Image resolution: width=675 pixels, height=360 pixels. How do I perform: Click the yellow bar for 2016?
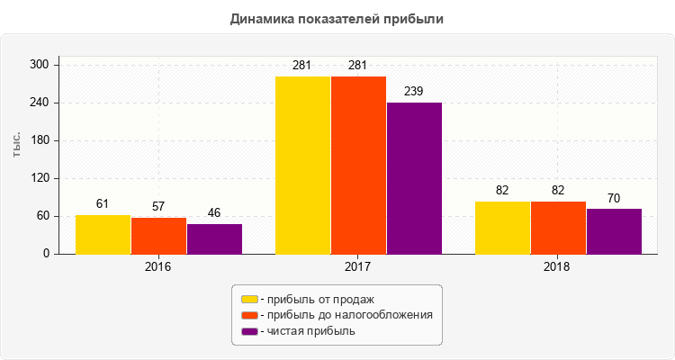click(x=103, y=235)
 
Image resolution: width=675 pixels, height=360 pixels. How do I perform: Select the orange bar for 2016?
click(x=158, y=236)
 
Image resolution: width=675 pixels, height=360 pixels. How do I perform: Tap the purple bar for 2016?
click(x=214, y=239)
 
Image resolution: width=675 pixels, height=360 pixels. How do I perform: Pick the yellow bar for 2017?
click(x=302, y=166)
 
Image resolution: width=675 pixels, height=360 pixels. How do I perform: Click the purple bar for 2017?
click(x=414, y=178)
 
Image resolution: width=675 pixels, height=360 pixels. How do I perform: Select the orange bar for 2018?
click(x=558, y=228)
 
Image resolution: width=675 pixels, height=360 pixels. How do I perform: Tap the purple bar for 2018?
click(x=614, y=231)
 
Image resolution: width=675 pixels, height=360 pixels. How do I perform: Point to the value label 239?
click(x=414, y=91)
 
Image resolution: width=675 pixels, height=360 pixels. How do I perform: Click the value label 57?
click(x=158, y=206)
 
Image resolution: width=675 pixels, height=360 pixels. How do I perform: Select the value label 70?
click(x=614, y=198)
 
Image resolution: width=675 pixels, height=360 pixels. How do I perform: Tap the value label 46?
click(x=214, y=212)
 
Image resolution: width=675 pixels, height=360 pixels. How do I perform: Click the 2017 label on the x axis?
click(x=358, y=267)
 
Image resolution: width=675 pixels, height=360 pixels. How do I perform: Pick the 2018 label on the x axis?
click(x=558, y=267)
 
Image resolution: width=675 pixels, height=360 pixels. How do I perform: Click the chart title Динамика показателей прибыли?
click(x=337, y=18)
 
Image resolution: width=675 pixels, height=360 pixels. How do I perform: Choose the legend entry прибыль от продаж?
click(x=316, y=299)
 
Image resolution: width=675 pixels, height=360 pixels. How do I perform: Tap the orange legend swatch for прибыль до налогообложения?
click(x=249, y=315)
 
